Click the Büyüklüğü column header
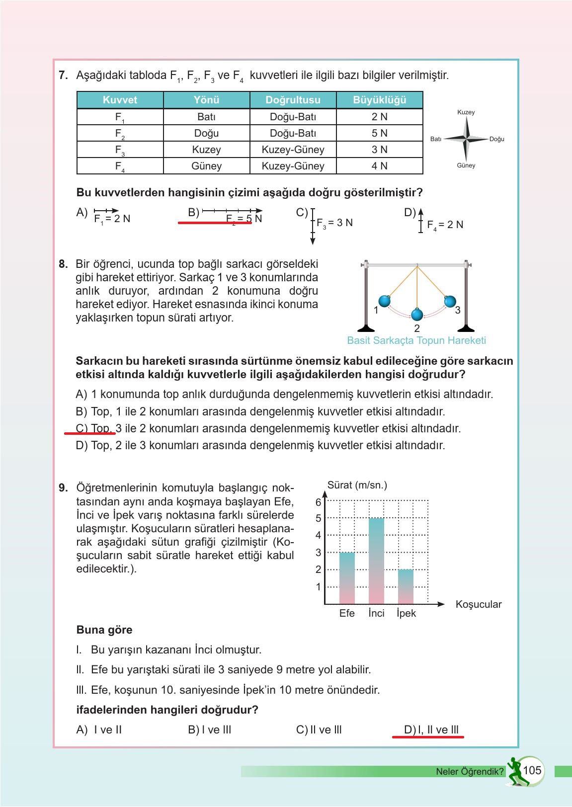(379, 100)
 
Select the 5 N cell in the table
(379, 133)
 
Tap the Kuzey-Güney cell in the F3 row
(293, 150)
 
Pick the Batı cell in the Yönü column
(206, 117)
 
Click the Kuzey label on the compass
(466, 112)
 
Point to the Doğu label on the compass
(496, 139)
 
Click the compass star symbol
(466, 139)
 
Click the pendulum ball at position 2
(417, 315)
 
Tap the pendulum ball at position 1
(384, 301)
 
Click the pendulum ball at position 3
(450, 301)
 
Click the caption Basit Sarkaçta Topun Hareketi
(416, 340)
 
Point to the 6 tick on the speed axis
(319, 502)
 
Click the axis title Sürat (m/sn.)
(357, 485)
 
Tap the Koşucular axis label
(478, 604)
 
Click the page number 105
(532, 770)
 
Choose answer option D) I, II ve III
(432, 730)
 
